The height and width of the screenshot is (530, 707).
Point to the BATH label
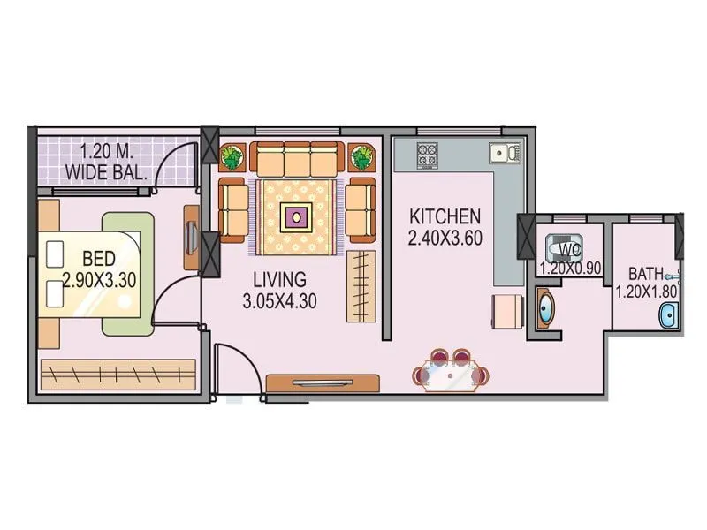click(647, 273)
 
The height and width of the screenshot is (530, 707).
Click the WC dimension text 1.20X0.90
click(571, 268)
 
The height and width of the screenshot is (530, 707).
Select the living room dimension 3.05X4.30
click(280, 301)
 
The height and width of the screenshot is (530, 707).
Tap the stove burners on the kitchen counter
click(428, 156)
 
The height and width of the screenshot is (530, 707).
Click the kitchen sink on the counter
click(506, 153)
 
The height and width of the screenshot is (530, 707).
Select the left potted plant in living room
click(232, 157)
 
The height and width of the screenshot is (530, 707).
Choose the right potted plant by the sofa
click(361, 157)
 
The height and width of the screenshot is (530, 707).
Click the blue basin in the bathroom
click(668, 314)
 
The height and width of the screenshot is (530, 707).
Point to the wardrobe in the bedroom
click(118, 375)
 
